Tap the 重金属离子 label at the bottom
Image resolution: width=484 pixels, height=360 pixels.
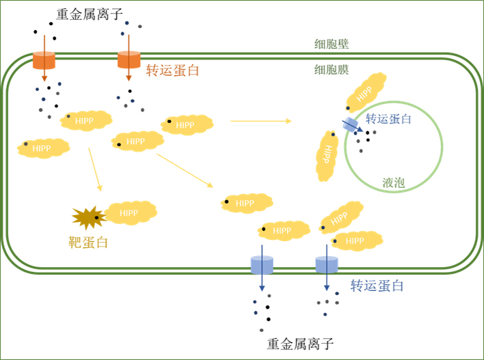click(x=301, y=343)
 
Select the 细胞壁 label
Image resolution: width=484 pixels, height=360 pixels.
click(x=327, y=44)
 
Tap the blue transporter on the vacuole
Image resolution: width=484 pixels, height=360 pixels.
click(x=351, y=124)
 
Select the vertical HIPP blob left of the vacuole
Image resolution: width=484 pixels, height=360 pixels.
click(x=327, y=156)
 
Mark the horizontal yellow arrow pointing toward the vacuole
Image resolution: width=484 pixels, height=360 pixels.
click(x=260, y=122)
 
